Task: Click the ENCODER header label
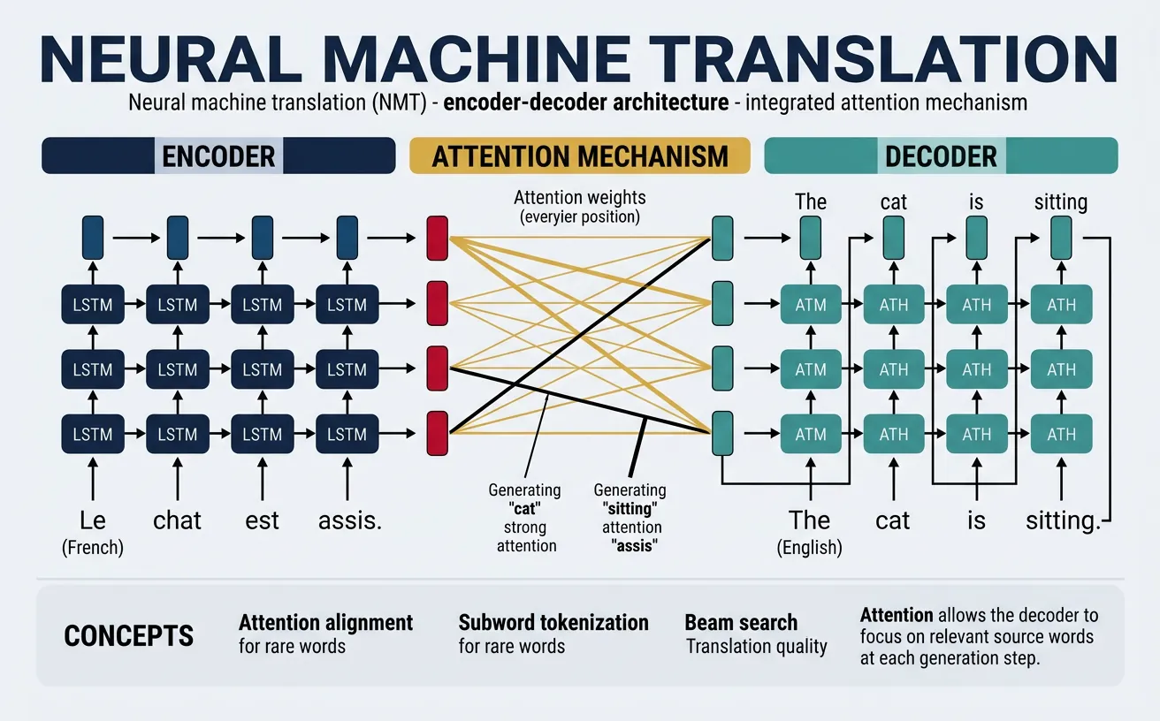click(x=218, y=156)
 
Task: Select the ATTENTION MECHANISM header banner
click(x=580, y=156)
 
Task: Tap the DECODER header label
click(x=941, y=156)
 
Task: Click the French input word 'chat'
click(x=178, y=520)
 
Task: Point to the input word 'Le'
click(x=93, y=520)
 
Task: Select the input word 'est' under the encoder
click(x=263, y=520)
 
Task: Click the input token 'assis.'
click(x=349, y=520)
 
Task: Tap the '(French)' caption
click(x=93, y=548)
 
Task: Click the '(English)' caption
click(x=810, y=548)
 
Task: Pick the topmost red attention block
click(x=438, y=238)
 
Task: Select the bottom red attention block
click(x=438, y=433)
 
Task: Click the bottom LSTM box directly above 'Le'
click(x=93, y=434)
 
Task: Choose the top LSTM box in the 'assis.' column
click(x=347, y=305)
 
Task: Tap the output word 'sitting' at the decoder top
click(x=1060, y=202)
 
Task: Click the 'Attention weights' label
click(x=581, y=198)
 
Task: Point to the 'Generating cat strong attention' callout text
click(x=526, y=518)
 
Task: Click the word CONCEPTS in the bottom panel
click(x=129, y=635)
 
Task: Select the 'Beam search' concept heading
click(x=741, y=623)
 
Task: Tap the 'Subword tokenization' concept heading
click(x=553, y=623)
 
